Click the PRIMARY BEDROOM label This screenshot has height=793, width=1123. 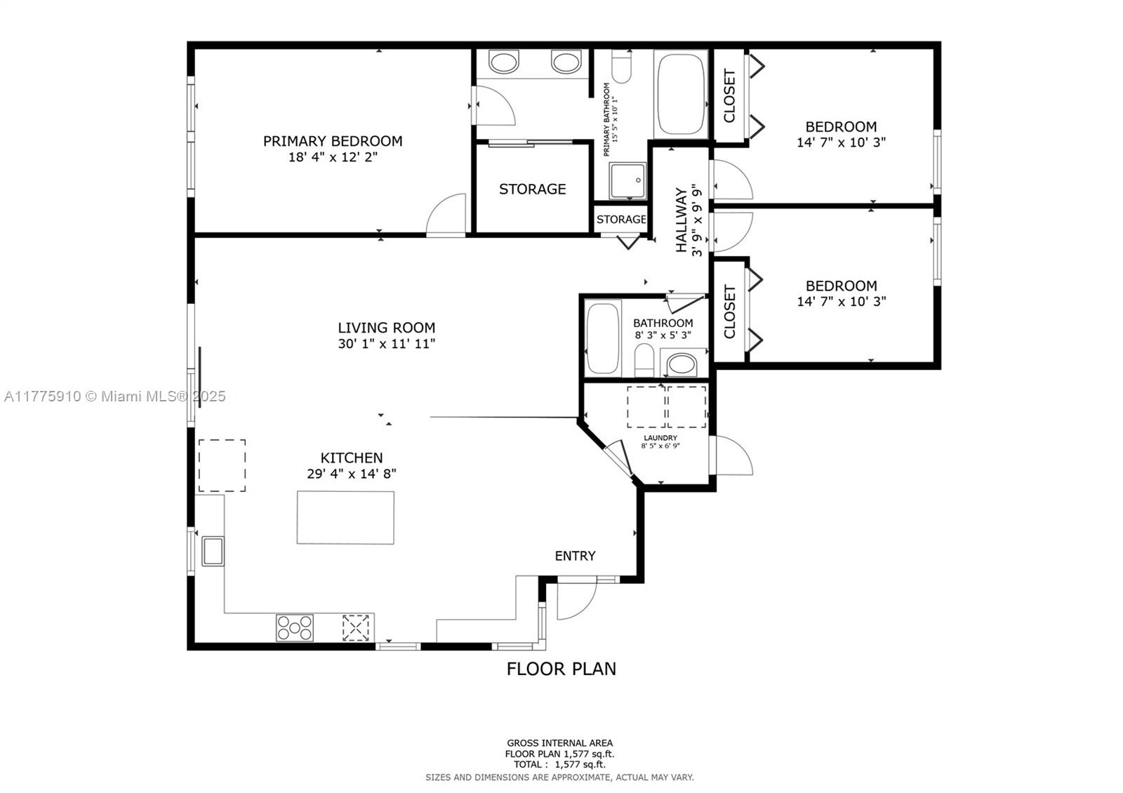(x=333, y=141)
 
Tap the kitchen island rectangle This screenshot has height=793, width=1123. (x=345, y=517)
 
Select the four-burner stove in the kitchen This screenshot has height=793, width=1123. (x=295, y=627)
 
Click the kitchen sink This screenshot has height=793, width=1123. (x=213, y=552)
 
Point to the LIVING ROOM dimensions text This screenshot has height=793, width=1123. (x=387, y=344)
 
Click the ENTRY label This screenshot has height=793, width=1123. (x=575, y=556)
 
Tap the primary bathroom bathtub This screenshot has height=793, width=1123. (x=681, y=94)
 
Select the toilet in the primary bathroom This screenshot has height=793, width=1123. (x=622, y=66)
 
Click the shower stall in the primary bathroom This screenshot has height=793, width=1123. (x=627, y=180)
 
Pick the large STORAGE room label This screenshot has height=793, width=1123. (x=533, y=189)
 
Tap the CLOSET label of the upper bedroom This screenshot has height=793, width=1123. (x=729, y=95)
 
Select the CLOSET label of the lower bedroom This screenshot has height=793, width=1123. (x=729, y=312)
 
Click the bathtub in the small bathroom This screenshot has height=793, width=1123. (x=603, y=338)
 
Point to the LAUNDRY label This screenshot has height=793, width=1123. (x=660, y=438)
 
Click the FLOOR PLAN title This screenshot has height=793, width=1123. (x=561, y=669)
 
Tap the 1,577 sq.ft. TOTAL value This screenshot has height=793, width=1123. (x=580, y=764)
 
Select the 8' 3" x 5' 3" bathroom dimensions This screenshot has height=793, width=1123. (x=663, y=335)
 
